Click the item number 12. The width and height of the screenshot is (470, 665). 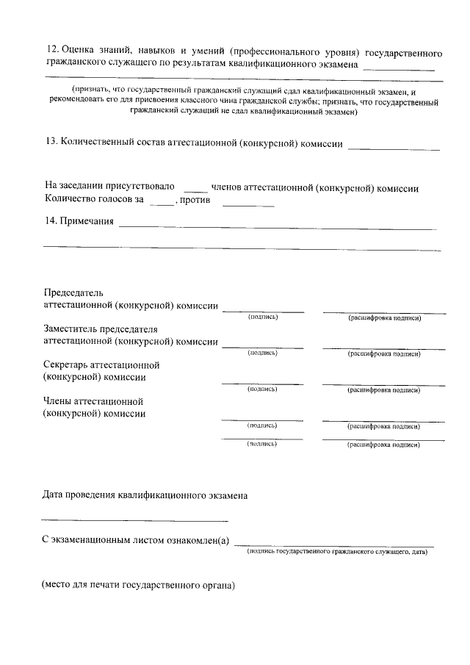click(x=51, y=53)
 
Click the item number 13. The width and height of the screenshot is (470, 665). click(x=51, y=144)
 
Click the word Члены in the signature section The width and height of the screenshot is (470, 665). click(x=59, y=400)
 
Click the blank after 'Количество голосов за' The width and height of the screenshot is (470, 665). click(x=161, y=204)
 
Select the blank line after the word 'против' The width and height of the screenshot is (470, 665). click(x=247, y=204)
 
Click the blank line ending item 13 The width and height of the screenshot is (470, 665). click(x=394, y=148)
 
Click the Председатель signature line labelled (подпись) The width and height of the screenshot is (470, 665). click(x=263, y=312)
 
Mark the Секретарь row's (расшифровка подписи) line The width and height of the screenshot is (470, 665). click(x=383, y=384)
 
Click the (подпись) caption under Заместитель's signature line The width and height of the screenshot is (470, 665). click(x=263, y=353)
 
